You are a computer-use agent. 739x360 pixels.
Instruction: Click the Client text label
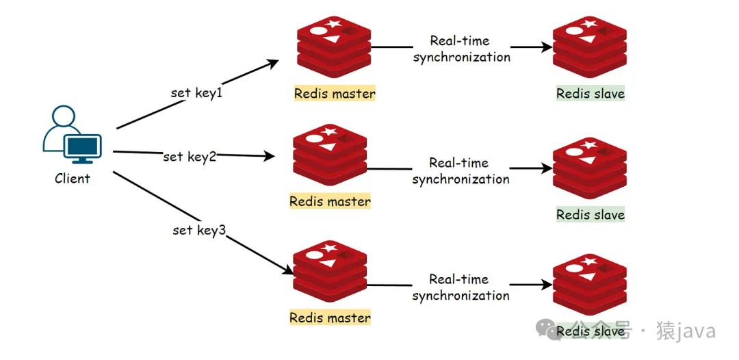point(73,179)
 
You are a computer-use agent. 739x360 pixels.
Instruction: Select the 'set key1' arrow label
point(196,92)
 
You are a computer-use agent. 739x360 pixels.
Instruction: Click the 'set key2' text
point(190,157)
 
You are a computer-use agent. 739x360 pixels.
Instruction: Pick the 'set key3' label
point(198,230)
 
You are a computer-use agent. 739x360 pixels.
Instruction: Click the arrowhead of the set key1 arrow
point(273,63)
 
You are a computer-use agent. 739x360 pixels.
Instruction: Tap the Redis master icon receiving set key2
point(330,156)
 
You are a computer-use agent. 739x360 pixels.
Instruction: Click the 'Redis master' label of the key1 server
point(335,93)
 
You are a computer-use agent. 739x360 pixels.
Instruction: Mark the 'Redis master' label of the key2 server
point(330,202)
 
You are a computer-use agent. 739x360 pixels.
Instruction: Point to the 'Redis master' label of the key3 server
point(330,318)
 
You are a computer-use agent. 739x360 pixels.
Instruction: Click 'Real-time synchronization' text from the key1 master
point(461,49)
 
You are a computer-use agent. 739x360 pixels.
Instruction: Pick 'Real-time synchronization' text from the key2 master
point(461,171)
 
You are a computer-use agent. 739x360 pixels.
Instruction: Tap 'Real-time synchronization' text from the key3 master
point(461,287)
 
